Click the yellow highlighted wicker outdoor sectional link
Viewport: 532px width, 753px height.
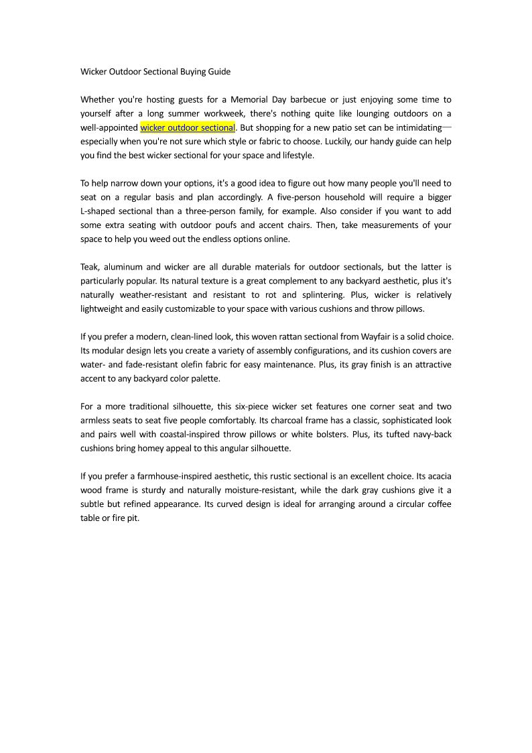[x=188, y=127]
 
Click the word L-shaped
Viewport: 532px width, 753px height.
[x=101, y=211]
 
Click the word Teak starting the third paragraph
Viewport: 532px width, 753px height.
[x=90, y=267]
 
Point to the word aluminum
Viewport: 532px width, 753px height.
[x=127, y=267]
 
